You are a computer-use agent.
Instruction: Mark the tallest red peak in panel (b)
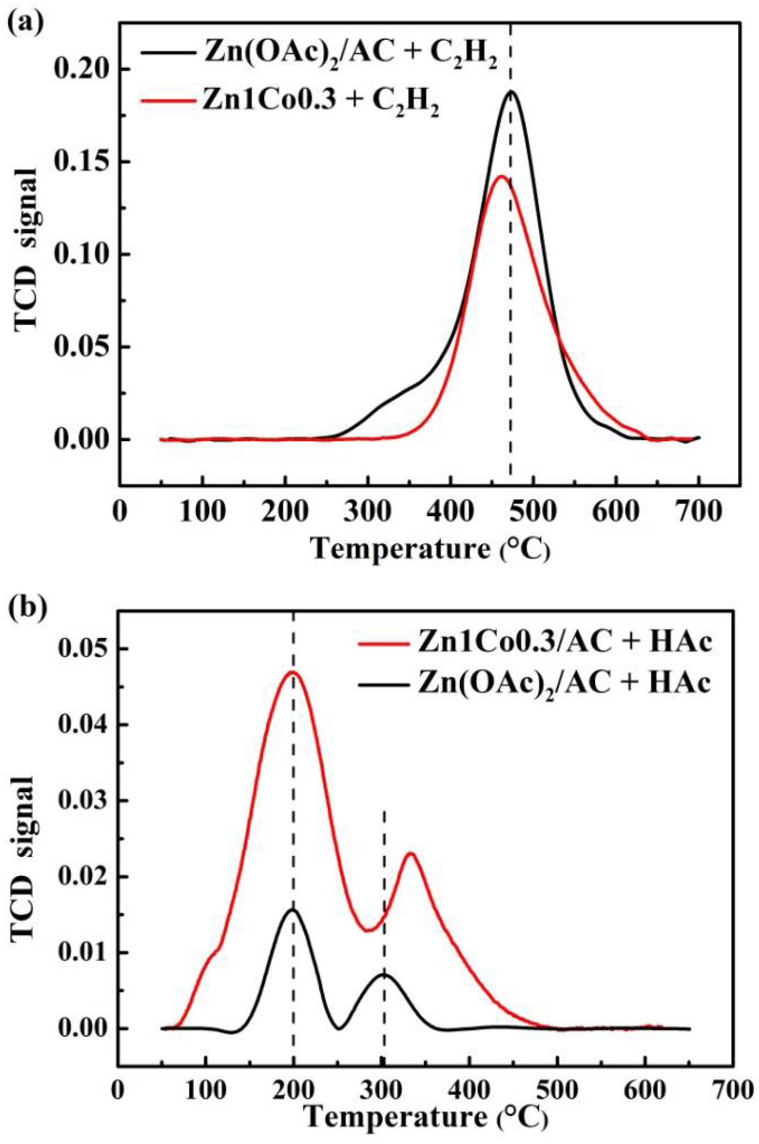[292, 672]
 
